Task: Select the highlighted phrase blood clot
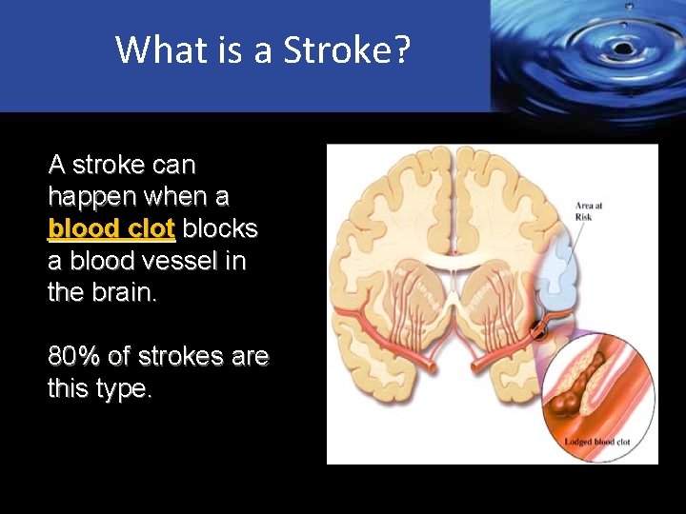pyautogui.click(x=111, y=229)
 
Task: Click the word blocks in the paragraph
pyautogui.click(x=220, y=229)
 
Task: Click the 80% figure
pyautogui.click(x=74, y=357)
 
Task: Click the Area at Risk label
pyautogui.click(x=587, y=210)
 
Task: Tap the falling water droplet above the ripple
pyautogui.click(x=627, y=5)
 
